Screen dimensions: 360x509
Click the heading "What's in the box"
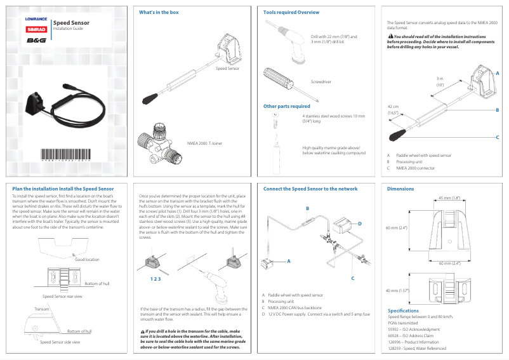click(x=159, y=13)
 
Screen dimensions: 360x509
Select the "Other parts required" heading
click(x=287, y=106)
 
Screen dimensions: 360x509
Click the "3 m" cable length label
click(x=439, y=78)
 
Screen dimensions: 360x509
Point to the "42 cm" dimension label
click(x=393, y=107)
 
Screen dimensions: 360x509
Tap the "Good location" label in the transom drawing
click(x=87, y=259)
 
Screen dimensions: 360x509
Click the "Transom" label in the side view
click(x=42, y=308)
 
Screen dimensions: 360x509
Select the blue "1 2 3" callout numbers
click(x=155, y=279)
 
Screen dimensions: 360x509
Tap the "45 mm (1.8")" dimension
click(x=449, y=198)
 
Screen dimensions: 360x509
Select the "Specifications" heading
click(x=403, y=310)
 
